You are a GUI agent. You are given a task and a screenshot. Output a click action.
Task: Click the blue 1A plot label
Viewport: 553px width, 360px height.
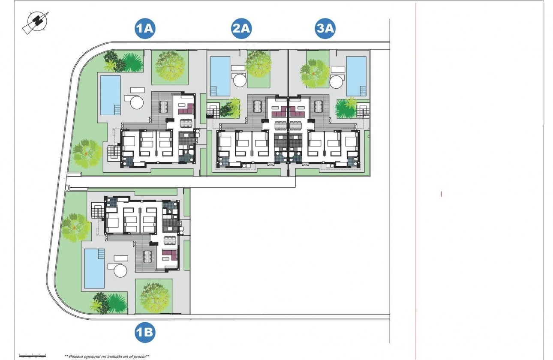click(x=144, y=29)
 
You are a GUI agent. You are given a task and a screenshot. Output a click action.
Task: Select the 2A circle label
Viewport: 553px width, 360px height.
click(x=241, y=29)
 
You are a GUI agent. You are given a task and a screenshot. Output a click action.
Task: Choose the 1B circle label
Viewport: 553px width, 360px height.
click(x=144, y=333)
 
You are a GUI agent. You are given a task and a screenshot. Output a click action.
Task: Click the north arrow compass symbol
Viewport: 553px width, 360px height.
click(x=35, y=22)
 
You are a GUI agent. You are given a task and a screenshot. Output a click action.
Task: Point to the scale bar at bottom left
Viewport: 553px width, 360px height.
click(x=33, y=356)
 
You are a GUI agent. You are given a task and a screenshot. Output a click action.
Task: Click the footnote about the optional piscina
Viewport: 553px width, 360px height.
click(x=107, y=356)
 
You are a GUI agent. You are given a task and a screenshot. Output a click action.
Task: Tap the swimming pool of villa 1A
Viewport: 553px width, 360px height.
click(x=110, y=95)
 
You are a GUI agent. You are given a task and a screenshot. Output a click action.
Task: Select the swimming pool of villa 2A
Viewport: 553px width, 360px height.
click(x=220, y=76)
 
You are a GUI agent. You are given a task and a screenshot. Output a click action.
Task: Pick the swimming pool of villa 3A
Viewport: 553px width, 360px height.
click(x=356, y=76)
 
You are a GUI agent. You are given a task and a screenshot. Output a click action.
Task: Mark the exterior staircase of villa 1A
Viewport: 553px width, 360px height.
click(x=114, y=152)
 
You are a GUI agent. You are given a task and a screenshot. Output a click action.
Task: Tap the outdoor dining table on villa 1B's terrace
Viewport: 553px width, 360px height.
click(x=147, y=257)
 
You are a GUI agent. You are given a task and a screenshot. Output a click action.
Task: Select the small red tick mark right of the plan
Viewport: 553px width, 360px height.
click(x=441, y=194)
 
